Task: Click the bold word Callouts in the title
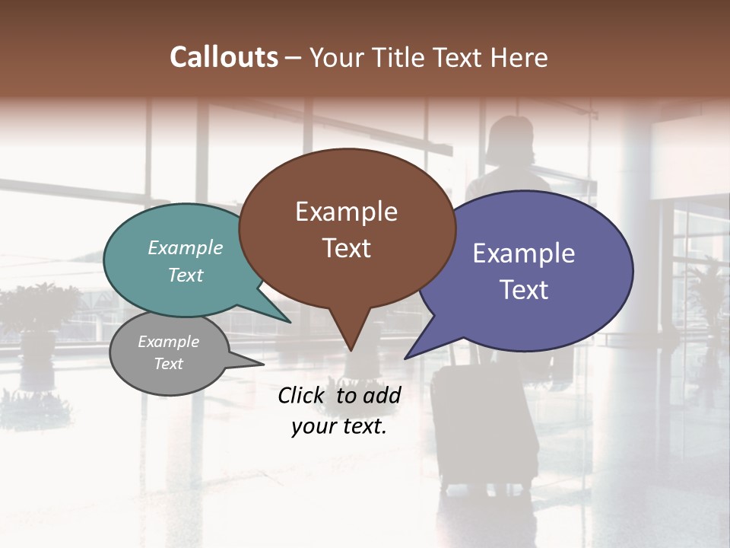click(x=224, y=58)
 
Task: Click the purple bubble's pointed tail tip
click(x=406, y=358)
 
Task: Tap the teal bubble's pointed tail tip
click(x=290, y=322)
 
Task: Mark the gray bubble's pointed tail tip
click(x=263, y=365)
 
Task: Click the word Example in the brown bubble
click(x=346, y=212)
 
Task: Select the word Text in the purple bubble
click(x=524, y=290)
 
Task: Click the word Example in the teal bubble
click(x=186, y=248)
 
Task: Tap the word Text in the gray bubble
click(x=169, y=364)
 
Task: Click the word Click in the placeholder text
click(x=302, y=395)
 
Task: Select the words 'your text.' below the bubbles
click(x=339, y=427)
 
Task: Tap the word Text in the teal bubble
click(x=186, y=275)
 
